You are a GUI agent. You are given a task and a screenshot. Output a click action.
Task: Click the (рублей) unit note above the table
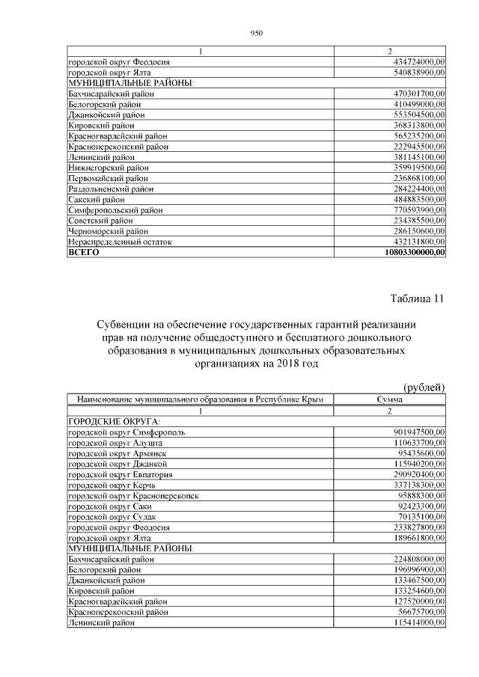pyautogui.click(x=424, y=387)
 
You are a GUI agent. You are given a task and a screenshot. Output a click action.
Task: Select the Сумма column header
pyautogui.click(x=389, y=400)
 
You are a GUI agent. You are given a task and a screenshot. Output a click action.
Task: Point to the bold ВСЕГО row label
pyautogui.click(x=83, y=253)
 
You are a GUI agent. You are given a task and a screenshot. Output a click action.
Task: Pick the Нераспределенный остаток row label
pyautogui.click(x=120, y=242)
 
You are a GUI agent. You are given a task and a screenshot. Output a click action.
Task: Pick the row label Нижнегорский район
pyautogui.click(x=108, y=168)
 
